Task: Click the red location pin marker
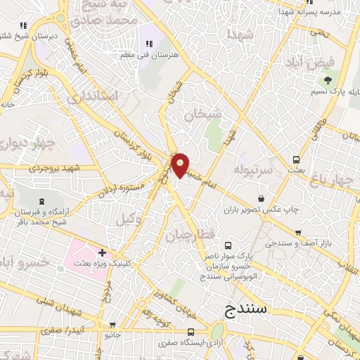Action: [181, 165]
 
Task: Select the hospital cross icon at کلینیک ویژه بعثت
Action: [103, 252]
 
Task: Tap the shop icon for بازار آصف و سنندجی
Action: [298, 232]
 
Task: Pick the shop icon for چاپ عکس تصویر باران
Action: [262, 198]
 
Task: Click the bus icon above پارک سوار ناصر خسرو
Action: [228, 245]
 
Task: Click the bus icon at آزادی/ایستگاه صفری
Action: [190, 332]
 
